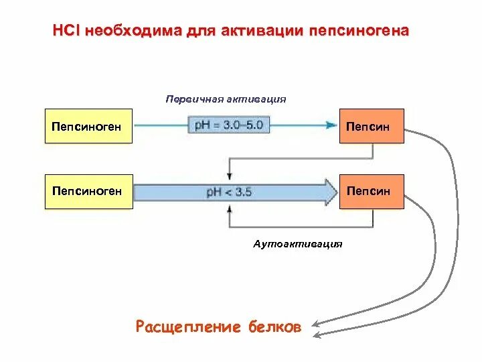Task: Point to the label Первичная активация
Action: pos(226,99)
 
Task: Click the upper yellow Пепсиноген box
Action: pos(88,126)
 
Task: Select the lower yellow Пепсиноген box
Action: pos(88,192)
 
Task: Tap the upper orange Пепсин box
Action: pos(371,126)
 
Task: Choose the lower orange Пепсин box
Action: pos(371,192)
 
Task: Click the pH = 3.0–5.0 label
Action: pos(230,125)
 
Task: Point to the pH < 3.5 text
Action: pos(230,192)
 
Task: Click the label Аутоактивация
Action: pos(298,243)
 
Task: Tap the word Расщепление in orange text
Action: pos(187,327)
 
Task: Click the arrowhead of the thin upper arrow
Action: pos(331,125)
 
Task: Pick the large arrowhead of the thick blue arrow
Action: pos(329,192)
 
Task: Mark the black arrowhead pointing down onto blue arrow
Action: pos(230,176)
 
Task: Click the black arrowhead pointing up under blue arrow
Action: pos(230,208)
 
